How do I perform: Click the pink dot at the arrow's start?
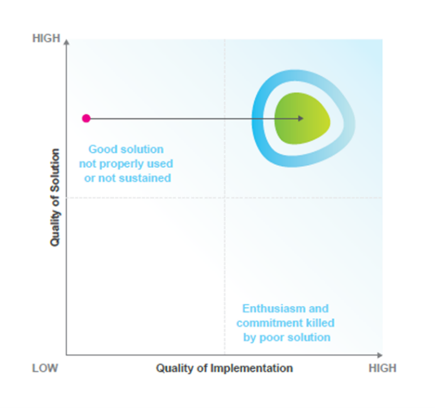point(86,118)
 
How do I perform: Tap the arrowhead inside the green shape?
point(301,118)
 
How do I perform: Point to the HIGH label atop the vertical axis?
point(46,39)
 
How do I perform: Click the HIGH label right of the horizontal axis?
point(382,368)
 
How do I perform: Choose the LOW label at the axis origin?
point(45,368)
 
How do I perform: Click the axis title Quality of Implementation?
point(224,368)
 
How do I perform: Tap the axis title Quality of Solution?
point(55,197)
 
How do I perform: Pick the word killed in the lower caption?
point(320,323)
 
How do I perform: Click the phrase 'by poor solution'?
point(286,337)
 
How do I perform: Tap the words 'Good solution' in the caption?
point(126,150)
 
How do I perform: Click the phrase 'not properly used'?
point(126,164)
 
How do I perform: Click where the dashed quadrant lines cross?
point(225,198)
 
